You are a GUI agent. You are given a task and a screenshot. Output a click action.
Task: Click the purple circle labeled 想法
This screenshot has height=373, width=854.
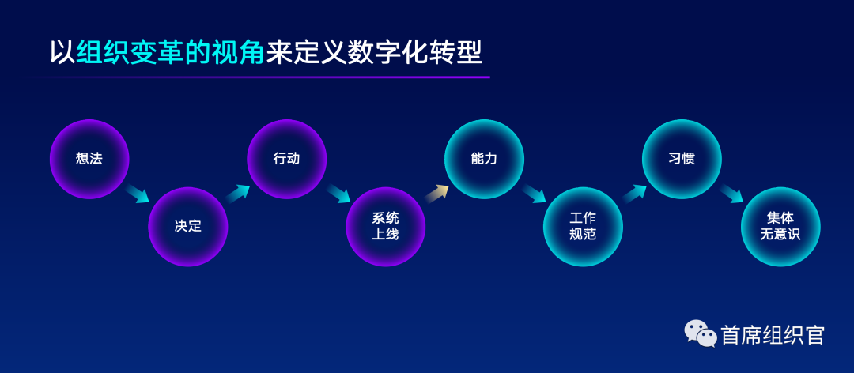click(89, 159)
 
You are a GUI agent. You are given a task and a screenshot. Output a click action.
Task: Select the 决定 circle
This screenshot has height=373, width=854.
click(188, 227)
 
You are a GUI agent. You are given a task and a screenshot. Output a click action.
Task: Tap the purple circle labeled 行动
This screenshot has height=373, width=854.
click(286, 159)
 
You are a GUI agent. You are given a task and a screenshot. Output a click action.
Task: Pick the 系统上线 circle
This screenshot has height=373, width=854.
click(386, 227)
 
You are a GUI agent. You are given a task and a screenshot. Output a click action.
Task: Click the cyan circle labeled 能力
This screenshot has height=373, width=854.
click(484, 159)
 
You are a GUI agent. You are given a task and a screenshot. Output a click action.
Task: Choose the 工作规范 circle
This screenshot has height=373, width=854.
click(583, 227)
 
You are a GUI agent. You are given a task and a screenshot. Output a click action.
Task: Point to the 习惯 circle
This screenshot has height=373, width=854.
click(682, 159)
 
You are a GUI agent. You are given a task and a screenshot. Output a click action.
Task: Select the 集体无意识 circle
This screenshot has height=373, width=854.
click(780, 227)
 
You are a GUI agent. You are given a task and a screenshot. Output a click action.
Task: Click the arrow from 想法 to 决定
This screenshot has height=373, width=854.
click(138, 194)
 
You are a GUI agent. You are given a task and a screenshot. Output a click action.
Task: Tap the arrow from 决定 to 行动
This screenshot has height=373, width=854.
click(237, 194)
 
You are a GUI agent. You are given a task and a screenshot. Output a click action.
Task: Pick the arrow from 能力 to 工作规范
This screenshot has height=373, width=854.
click(534, 194)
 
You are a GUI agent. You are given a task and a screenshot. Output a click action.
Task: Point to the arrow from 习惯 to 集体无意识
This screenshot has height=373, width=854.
click(731, 194)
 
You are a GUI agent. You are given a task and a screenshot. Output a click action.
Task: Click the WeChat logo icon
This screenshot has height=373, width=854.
click(701, 333)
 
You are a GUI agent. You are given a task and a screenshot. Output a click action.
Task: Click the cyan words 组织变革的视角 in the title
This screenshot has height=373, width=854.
click(170, 53)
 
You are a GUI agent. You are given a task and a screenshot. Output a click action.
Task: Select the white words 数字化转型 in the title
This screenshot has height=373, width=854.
click(414, 53)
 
